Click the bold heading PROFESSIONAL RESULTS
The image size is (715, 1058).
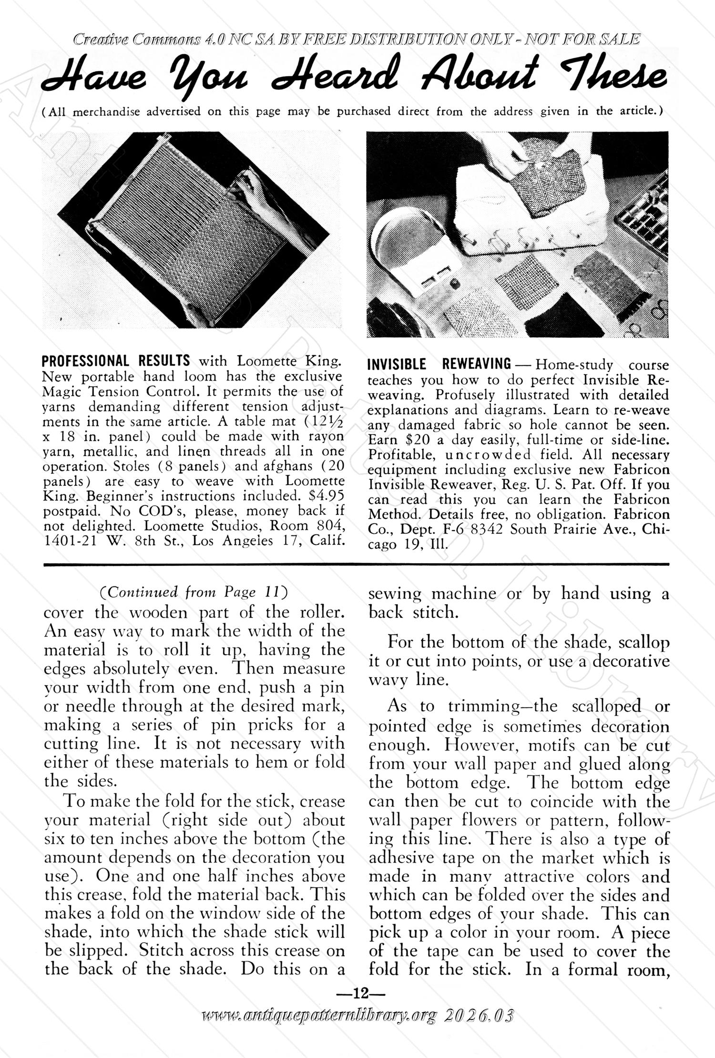point(116,360)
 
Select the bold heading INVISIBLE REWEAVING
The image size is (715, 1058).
point(439,365)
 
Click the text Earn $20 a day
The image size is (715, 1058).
point(416,440)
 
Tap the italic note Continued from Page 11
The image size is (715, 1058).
point(194,592)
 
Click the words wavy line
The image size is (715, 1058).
point(408,680)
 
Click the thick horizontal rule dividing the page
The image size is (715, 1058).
point(357,565)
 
